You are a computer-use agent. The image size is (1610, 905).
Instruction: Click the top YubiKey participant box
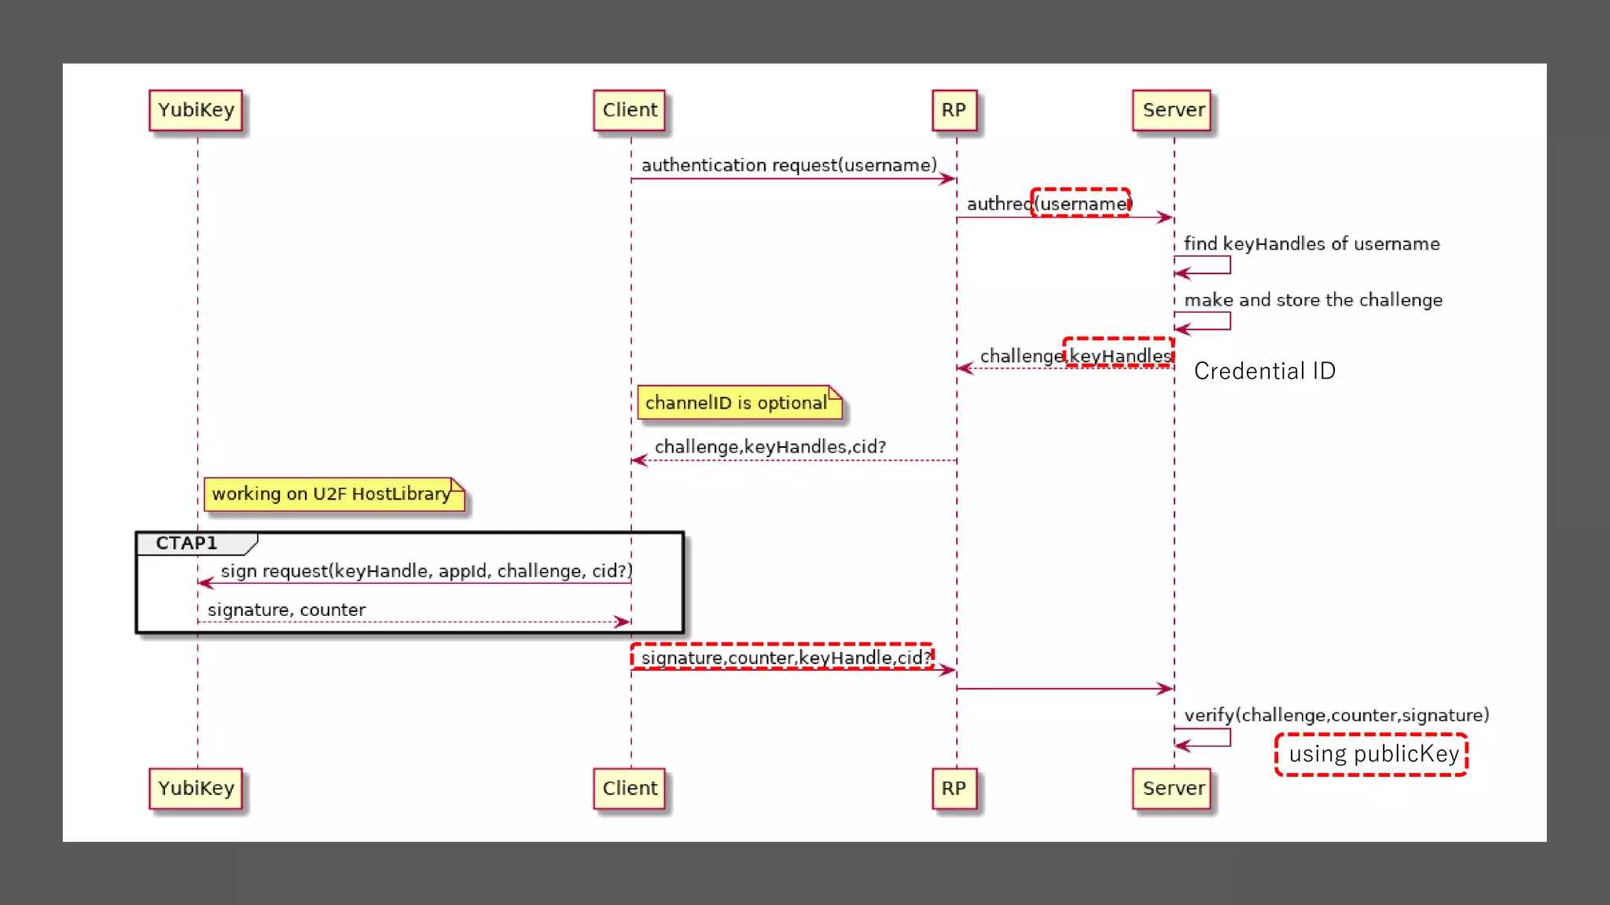(x=196, y=110)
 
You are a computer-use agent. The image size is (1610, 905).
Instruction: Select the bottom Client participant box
(x=629, y=788)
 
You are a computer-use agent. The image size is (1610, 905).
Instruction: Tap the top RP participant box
(x=954, y=110)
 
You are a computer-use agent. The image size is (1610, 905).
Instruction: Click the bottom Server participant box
(x=1173, y=788)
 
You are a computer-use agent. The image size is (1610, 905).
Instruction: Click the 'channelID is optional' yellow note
(x=737, y=402)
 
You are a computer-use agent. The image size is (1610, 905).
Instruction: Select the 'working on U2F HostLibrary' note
(x=333, y=494)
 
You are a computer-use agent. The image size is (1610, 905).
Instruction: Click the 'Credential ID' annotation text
(x=1264, y=371)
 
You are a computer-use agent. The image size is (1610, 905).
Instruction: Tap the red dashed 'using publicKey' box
(x=1372, y=754)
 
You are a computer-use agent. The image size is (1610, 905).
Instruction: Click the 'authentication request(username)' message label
(x=788, y=165)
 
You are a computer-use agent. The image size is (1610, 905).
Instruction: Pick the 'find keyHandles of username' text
(x=1311, y=244)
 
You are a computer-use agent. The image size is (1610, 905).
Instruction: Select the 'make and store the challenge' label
(x=1313, y=300)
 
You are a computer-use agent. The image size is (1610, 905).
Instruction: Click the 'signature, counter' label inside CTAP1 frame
(x=286, y=610)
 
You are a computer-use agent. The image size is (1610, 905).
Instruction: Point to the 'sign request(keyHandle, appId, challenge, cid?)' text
(x=426, y=571)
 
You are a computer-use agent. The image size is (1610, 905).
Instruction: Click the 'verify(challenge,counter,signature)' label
(x=1336, y=715)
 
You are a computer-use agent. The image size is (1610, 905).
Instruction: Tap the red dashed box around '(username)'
(x=1081, y=203)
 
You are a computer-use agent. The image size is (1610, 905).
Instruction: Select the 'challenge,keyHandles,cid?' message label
(x=770, y=447)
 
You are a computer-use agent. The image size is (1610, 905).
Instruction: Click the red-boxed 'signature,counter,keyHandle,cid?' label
(x=784, y=657)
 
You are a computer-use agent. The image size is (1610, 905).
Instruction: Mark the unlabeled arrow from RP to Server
(x=1064, y=688)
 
